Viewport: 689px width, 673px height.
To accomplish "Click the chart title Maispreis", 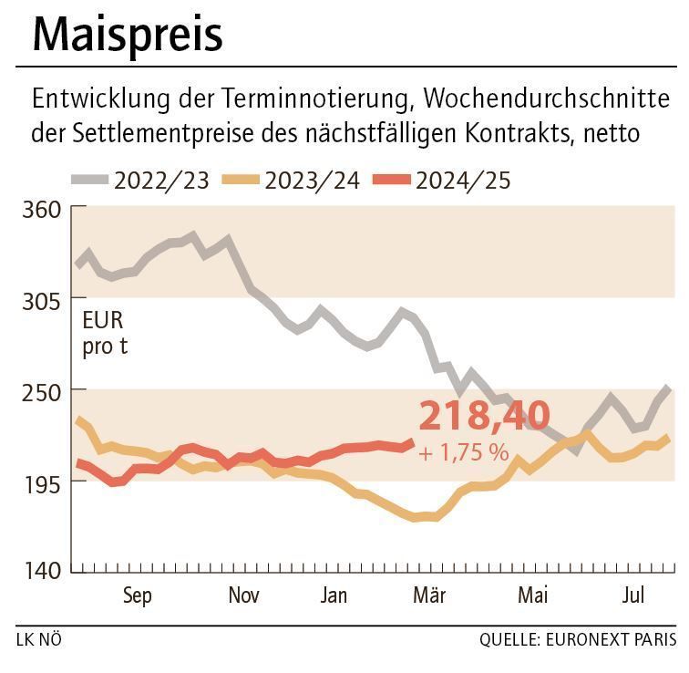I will point(127,35).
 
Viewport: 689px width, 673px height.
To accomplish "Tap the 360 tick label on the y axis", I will point(40,210).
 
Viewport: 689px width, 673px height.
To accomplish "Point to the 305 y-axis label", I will point(40,300).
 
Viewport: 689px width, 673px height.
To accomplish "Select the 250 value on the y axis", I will point(40,390).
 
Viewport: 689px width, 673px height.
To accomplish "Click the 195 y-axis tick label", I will point(40,481).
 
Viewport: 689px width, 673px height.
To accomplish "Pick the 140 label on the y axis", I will point(40,572).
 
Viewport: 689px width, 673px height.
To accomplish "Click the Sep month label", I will point(137,596).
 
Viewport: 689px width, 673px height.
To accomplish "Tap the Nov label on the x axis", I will point(243,596).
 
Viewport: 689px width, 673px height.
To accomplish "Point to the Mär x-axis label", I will point(429,596).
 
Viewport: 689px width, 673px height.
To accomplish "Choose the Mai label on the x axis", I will point(533,596).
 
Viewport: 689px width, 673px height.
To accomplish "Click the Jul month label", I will point(633,596).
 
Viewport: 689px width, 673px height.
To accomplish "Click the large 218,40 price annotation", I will point(484,416).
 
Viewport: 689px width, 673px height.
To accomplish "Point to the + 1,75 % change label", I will point(464,451).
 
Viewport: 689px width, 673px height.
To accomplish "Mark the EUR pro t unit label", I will point(104,334).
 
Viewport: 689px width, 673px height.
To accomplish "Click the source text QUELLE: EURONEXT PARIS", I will point(578,640).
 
